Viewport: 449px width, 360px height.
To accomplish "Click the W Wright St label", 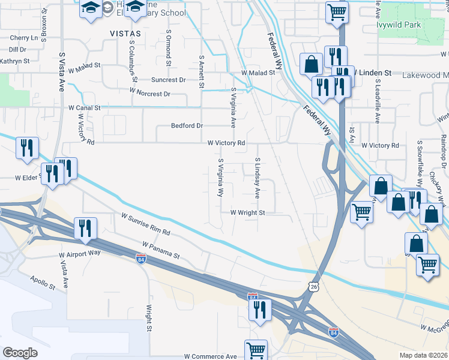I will click(x=247, y=212).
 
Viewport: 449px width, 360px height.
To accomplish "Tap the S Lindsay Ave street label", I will click(x=257, y=178).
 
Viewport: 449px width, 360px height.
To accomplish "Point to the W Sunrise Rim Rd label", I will click(x=146, y=224).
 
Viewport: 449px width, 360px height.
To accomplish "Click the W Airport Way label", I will click(x=80, y=254).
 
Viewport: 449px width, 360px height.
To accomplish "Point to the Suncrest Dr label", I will click(x=169, y=79).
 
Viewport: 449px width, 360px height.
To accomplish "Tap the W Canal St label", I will click(x=80, y=108).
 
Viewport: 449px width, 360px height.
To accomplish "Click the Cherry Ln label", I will click(x=23, y=38).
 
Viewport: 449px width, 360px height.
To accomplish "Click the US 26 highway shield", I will click(x=314, y=287).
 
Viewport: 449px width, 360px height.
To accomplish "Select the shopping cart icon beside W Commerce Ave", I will click(x=256, y=350).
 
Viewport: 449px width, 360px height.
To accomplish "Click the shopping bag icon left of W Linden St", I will click(x=312, y=64).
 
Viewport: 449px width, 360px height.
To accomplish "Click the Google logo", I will click(x=21, y=353).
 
